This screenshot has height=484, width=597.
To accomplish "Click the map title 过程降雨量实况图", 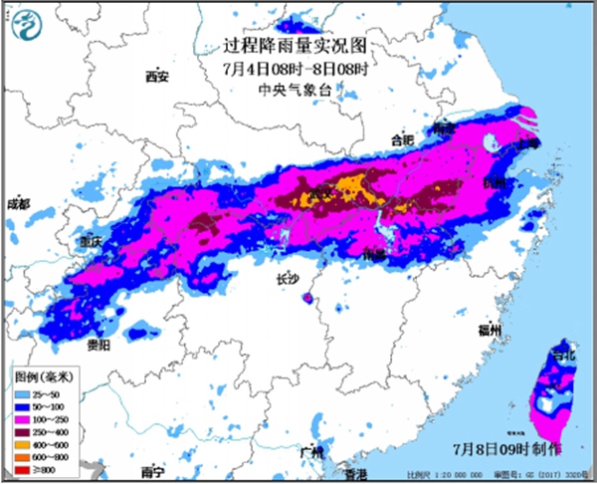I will (298, 47).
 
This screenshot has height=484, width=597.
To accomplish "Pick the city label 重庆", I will (93, 242).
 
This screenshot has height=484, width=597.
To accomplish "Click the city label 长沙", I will (288, 281).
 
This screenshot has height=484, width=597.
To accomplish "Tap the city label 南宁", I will (152, 471).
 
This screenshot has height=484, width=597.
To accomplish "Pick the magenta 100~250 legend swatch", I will (24, 419).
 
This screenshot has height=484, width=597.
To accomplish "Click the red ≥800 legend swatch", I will (24, 468).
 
